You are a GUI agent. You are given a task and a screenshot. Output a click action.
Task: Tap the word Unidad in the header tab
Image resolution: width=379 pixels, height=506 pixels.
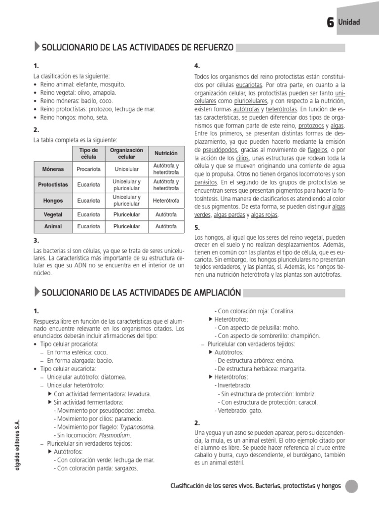click(x=349, y=22)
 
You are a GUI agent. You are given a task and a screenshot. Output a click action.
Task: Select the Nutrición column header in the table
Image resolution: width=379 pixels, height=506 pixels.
click(x=166, y=153)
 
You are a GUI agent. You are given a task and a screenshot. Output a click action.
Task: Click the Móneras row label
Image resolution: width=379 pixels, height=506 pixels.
click(x=53, y=169)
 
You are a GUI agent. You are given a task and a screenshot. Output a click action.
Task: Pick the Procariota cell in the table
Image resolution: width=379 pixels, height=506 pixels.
click(x=89, y=169)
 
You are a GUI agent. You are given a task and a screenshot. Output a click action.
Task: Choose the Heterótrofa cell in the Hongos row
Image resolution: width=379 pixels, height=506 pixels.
click(x=166, y=201)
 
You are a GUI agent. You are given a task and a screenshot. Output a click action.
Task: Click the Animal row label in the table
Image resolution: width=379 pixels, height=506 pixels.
click(x=53, y=227)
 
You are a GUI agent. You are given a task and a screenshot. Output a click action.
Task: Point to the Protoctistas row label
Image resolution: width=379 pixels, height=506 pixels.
click(x=53, y=185)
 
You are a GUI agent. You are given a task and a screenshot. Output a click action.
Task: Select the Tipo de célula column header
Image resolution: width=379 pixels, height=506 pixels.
click(x=89, y=153)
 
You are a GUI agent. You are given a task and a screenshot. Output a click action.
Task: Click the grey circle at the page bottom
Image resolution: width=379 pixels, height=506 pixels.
click(x=351, y=487)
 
